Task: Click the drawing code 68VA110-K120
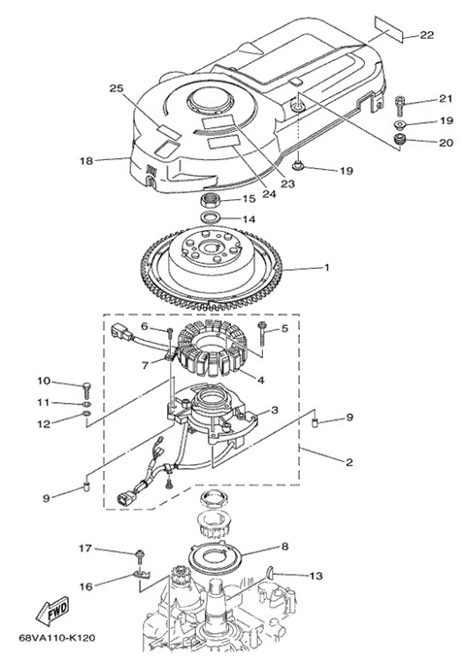[57, 638]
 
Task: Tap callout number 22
[427, 35]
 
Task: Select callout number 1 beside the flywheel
[327, 268]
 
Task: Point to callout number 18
[86, 161]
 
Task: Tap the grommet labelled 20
[400, 139]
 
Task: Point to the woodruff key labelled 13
[270, 573]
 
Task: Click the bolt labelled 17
[139, 555]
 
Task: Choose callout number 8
[284, 547]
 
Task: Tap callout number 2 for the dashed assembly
[349, 462]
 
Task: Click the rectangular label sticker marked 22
[389, 29]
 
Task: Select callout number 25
[116, 89]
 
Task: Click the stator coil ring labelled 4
[209, 348]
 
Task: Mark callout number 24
[269, 194]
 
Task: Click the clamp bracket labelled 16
[141, 575]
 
